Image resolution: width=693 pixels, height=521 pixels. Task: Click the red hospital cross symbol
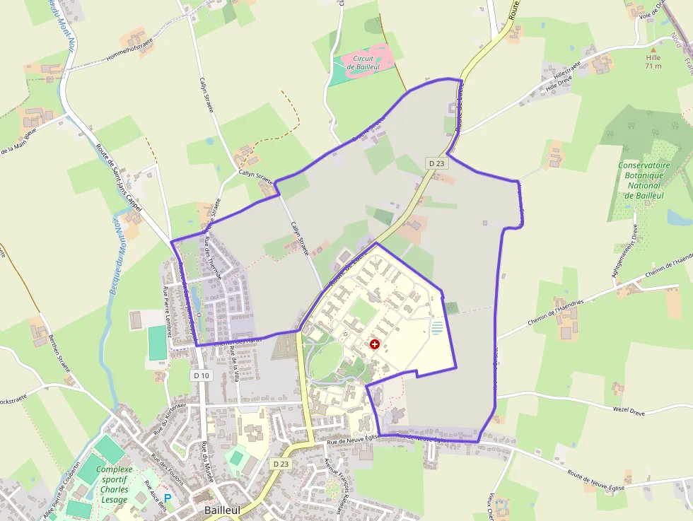(x=374, y=344)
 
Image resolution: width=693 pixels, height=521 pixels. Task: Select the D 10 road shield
(x=202, y=375)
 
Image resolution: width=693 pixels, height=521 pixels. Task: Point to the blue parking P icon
(x=168, y=498)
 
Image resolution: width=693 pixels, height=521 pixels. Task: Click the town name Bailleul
(x=221, y=510)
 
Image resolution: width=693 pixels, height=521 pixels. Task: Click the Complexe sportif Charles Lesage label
(x=114, y=484)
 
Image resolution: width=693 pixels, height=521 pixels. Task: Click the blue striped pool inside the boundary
(x=437, y=328)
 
